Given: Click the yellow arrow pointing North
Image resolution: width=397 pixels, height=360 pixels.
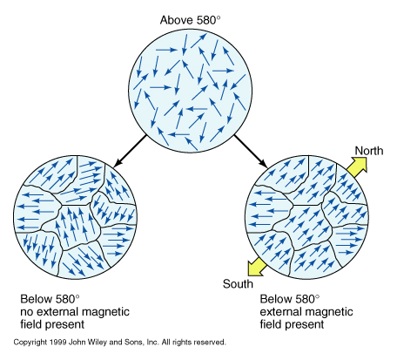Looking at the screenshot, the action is click(x=358, y=166).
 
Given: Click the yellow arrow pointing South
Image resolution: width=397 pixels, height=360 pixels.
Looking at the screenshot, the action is click(x=257, y=267).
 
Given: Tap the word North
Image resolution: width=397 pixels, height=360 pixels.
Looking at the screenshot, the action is click(x=369, y=151).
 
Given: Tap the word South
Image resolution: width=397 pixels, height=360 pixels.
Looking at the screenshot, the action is click(x=238, y=284).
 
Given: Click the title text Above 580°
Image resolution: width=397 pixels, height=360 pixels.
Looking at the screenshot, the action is click(x=191, y=20).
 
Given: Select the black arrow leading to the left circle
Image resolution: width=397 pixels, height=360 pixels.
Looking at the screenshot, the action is click(x=131, y=151).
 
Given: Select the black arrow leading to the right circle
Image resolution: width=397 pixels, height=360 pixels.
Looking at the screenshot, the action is click(x=251, y=151).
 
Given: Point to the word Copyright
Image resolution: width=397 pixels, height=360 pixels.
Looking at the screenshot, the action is click(x=30, y=343).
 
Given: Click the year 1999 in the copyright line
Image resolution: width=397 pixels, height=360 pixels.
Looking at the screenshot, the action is click(x=58, y=343).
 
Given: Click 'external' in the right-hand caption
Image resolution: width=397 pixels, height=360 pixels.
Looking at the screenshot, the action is click(x=279, y=312).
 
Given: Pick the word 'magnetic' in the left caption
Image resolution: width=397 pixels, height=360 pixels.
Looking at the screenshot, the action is click(x=105, y=312).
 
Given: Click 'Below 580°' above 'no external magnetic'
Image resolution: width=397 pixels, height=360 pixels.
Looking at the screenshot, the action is click(x=50, y=299).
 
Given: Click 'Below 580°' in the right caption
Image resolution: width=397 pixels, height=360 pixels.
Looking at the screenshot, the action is click(x=289, y=299).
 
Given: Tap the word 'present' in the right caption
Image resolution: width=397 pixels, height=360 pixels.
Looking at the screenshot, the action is click(x=306, y=324).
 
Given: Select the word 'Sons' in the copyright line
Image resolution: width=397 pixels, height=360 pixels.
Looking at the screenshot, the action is click(x=133, y=343).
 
